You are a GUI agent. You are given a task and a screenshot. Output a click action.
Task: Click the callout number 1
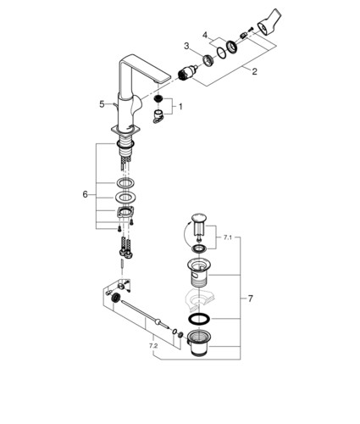[180, 107]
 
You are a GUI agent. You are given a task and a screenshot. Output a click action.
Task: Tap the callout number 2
[254, 71]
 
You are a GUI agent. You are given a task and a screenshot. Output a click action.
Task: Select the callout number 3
[186, 46]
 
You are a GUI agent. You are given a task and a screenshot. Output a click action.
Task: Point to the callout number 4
[205, 36]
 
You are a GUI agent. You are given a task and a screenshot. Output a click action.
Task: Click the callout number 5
[102, 104]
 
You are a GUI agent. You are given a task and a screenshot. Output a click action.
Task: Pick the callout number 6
[86, 194]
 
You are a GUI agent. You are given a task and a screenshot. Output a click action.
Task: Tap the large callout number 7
[250, 298]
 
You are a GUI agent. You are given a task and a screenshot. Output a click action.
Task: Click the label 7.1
[228, 237]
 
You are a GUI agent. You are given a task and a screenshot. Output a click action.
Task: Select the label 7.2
[153, 345]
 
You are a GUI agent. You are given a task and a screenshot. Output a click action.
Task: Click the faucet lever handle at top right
[269, 23]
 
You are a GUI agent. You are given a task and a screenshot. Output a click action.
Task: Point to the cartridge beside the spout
[187, 73]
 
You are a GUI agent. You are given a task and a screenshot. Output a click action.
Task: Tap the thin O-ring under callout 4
[221, 53]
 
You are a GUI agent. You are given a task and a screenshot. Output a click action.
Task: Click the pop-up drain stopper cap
[199, 219]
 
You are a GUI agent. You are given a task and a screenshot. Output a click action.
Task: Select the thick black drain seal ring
[199, 319]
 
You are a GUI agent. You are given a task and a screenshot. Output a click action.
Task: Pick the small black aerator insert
[158, 99]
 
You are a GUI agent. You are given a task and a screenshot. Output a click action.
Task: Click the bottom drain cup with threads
[199, 343]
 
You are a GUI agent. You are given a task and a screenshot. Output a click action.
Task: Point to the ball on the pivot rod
[158, 321]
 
